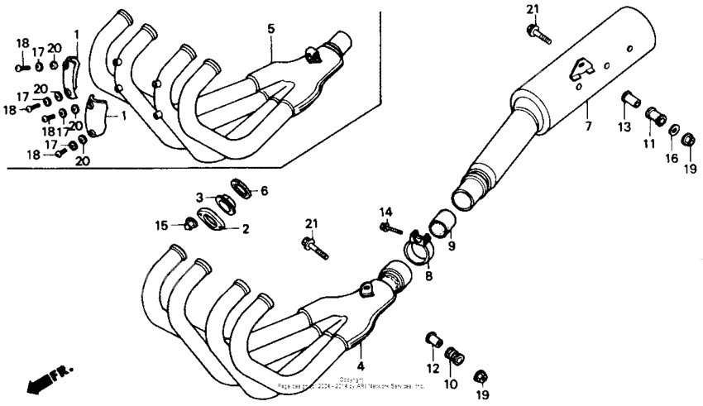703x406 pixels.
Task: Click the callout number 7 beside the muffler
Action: pyautogui.click(x=588, y=127)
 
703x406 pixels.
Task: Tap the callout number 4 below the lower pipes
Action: pyautogui.click(x=361, y=365)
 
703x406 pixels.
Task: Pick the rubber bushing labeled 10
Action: pyautogui.click(x=454, y=357)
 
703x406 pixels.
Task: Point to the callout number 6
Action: pyautogui.click(x=264, y=191)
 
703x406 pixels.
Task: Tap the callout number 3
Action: pyautogui.click(x=199, y=197)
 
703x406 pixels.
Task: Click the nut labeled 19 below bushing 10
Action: pyautogui.click(x=480, y=377)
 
